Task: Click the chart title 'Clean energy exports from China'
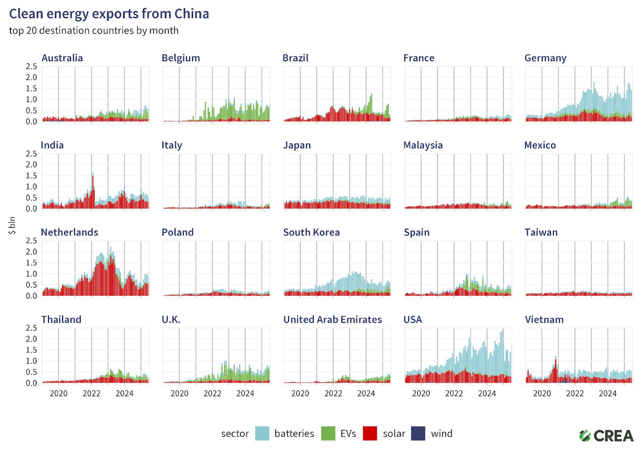pyautogui.click(x=109, y=14)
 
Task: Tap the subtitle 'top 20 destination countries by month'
pyautogui.click(x=93, y=31)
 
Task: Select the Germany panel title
pyautogui.click(x=545, y=58)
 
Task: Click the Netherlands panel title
pyautogui.click(x=69, y=232)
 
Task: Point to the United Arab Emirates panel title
pyautogui.click(x=332, y=319)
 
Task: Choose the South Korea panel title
pyautogui.click(x=311, y=232)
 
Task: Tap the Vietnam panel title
pyautogui.click(x=544, y=319)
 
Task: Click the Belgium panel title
pyautogui.click(x=181, y=58)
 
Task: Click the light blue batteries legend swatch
pyautogui.click(x=262, y=434)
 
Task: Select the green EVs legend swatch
pyautogui.click(x=328, y=434)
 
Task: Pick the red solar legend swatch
pyautogui.click(x=370, y=434)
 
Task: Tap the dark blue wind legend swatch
pyautogui.click(x=418, y=434)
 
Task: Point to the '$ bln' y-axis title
pyautogui.click(x=12, y=225)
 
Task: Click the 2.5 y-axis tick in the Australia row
pyautogui.click(x=31, y=66)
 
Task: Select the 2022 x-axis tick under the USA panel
pyautogui.click(x=454, y=393)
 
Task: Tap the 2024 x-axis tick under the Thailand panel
pyautogui.click(x=124, y=393)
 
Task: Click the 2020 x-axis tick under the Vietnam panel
pyautogui.click(x=542, y=393)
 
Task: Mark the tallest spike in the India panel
pyautogui.click(x=93, y=174)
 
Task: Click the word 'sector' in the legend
pyautogui.click(x=235, y=434)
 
